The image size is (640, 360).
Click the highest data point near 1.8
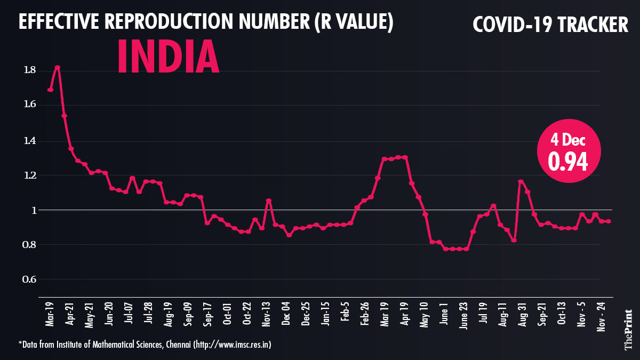(x=57, y=68)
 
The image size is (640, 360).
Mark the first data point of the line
(x=50, y=90)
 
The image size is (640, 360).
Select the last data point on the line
(x=609, y=221)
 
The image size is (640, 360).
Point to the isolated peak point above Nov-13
(x=269, y=201)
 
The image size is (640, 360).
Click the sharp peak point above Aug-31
(x=520, y=182)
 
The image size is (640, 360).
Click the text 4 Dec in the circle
(x=569, y=141)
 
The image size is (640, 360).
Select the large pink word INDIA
(x=167, y=57)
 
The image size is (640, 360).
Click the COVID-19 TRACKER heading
(x=550, y=24)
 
